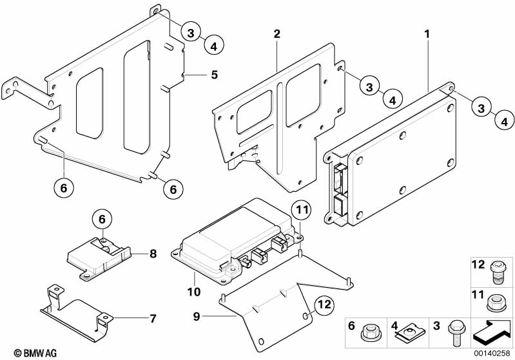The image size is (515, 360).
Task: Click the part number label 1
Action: (426, 31)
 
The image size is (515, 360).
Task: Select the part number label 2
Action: (277, 33)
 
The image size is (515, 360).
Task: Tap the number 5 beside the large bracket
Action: (214, 75)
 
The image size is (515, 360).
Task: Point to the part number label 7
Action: (153, 318)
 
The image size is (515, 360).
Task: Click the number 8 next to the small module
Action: (153, 254)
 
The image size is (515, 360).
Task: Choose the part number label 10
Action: (193, 275)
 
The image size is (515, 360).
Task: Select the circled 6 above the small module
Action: (102, 220)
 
